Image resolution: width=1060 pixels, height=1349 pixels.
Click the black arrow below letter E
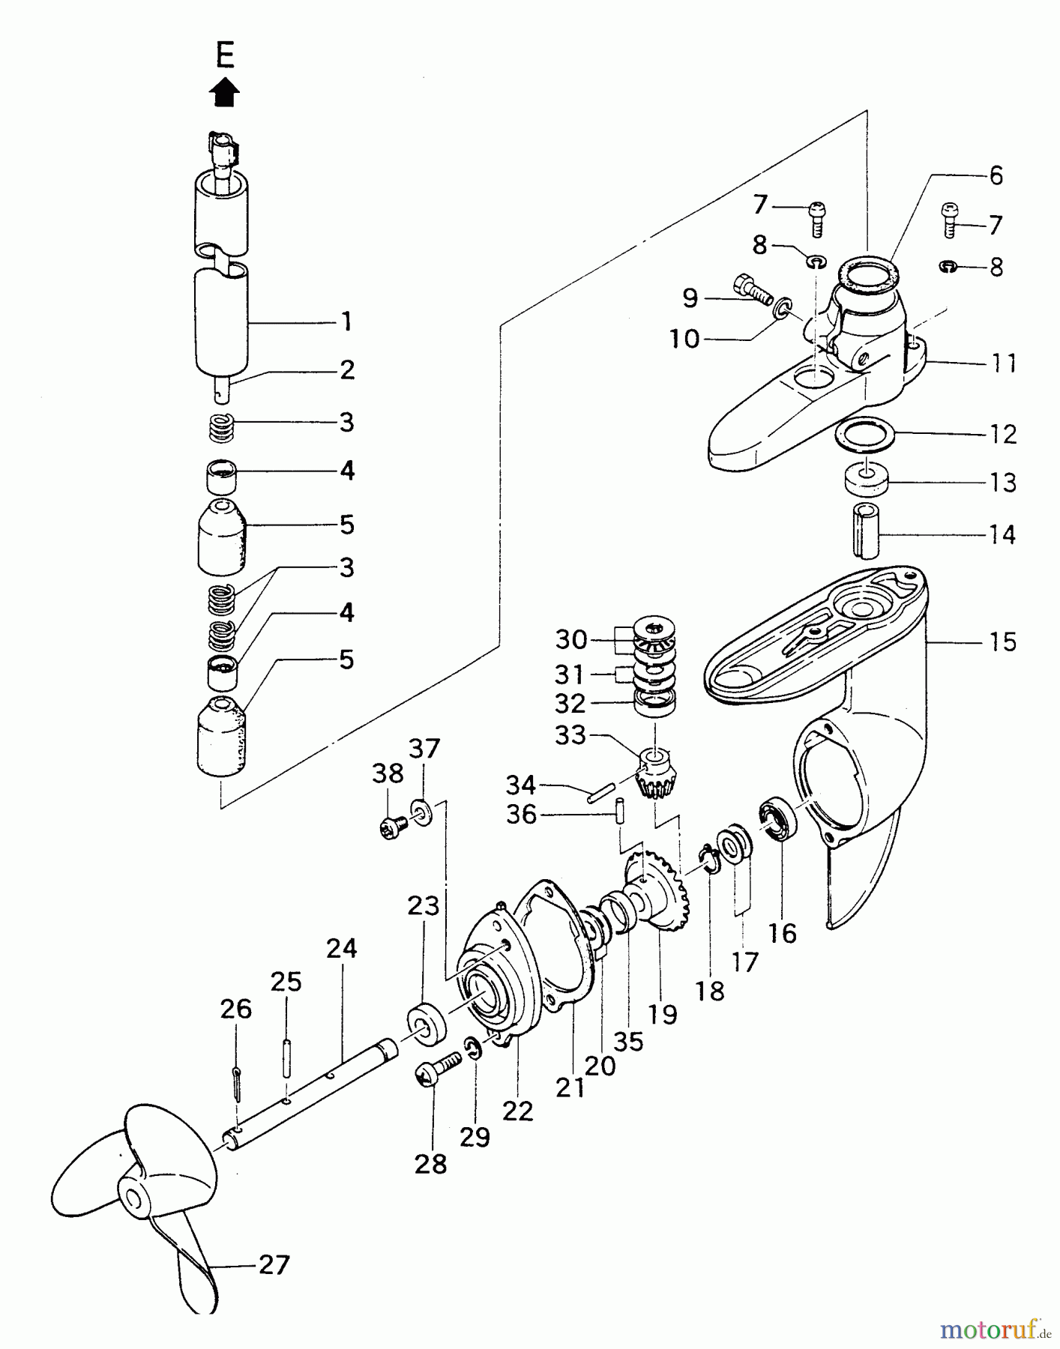tap(225, 94)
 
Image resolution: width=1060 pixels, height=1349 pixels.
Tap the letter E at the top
tap(225, 55)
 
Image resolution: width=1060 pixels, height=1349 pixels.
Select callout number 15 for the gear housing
tap(1002, 642)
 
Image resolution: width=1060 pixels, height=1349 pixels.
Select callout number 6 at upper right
tap(996, 175)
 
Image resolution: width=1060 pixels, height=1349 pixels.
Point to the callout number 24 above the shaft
tap(341, 949)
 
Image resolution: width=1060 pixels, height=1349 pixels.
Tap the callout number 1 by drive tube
tap(346, 322)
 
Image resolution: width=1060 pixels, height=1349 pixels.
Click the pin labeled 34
tap(602, 792)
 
